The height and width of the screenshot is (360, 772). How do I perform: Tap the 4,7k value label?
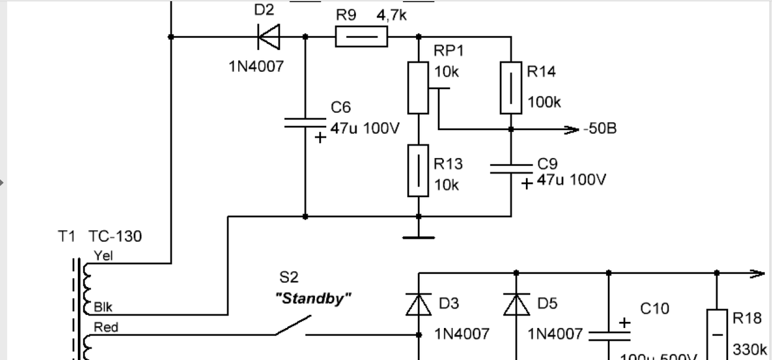391,15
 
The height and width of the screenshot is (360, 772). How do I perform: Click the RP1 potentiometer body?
418,87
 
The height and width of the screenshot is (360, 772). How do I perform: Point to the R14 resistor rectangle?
511,87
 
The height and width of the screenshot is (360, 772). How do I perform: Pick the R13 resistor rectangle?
418,171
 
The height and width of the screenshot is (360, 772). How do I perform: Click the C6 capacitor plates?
305,123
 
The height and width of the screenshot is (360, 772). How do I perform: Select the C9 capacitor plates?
511,168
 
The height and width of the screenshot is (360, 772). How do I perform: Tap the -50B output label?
600,129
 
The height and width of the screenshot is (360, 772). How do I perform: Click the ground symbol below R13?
419,237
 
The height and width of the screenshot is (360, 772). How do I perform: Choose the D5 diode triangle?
516,305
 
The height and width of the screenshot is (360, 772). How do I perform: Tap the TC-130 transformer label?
115,236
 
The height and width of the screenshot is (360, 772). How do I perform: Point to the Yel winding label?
103,256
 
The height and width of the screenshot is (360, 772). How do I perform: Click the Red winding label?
106,327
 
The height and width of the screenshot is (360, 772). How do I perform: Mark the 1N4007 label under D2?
256,66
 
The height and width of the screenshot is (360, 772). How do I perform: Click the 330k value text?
750,349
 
